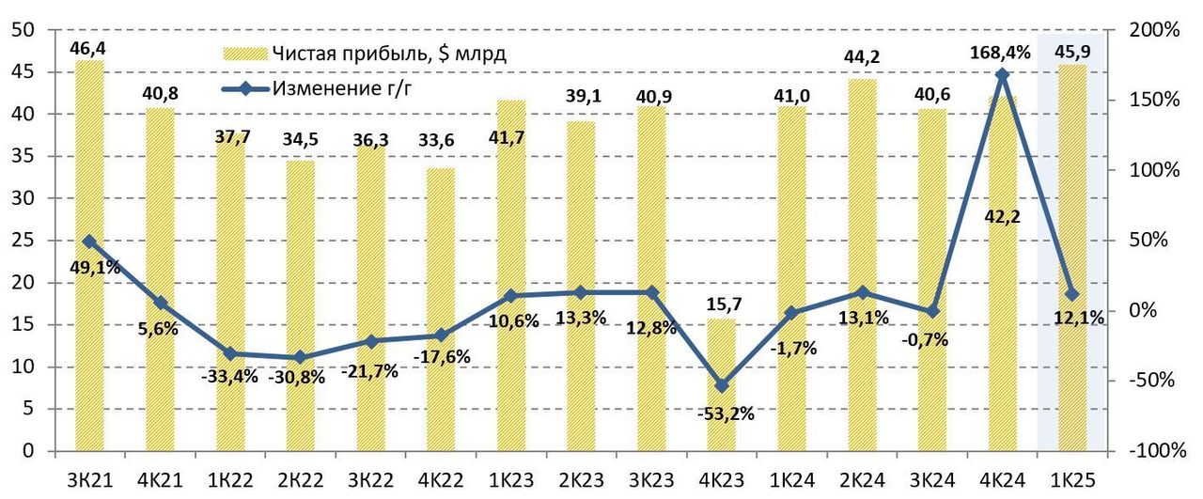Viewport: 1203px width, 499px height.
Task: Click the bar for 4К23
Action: (x=721, y=385)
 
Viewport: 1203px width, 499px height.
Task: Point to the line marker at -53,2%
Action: (x=721, y=386)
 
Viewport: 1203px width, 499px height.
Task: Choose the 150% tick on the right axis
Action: (x=1154, y=101)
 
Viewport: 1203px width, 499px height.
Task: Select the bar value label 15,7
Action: (x=721, y=304)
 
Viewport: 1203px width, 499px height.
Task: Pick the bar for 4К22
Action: (x=441, y=310)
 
